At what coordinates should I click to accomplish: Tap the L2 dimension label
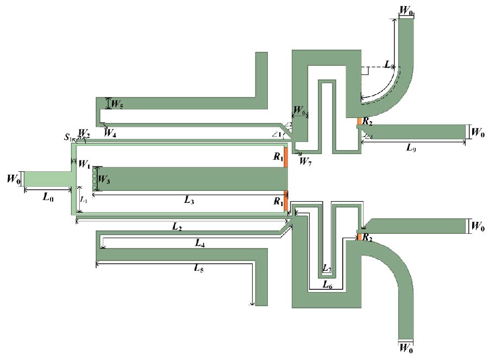(176, 226)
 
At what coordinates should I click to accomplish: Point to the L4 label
(200, 244)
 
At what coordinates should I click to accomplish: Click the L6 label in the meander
(327, 284)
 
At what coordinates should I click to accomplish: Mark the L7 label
(327, 269)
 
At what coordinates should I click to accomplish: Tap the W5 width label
(117, 104)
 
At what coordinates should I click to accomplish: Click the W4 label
(111, 131)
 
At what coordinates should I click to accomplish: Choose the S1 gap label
(68, 138)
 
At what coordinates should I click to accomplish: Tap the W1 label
(84, 163)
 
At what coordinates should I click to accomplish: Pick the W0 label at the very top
(406, 10)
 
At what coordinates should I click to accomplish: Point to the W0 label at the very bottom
(406, 346)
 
